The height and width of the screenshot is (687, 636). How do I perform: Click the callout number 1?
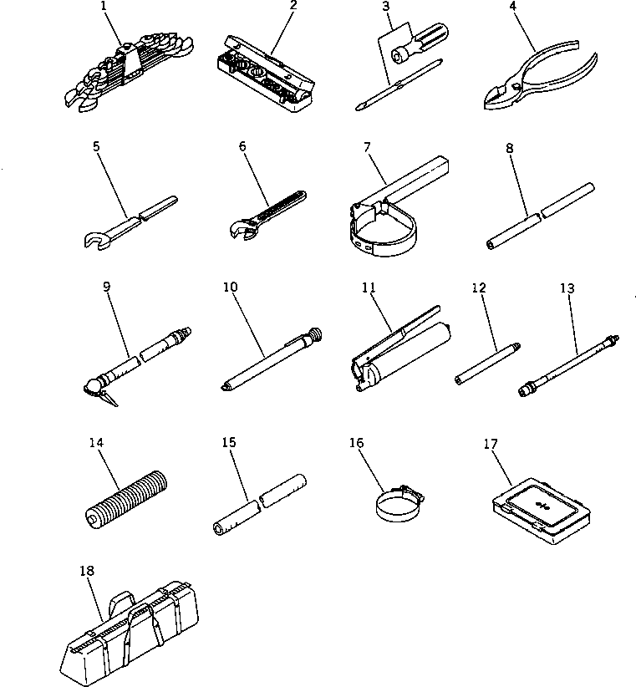point(104,6)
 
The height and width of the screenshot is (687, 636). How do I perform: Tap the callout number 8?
point(509,148)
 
